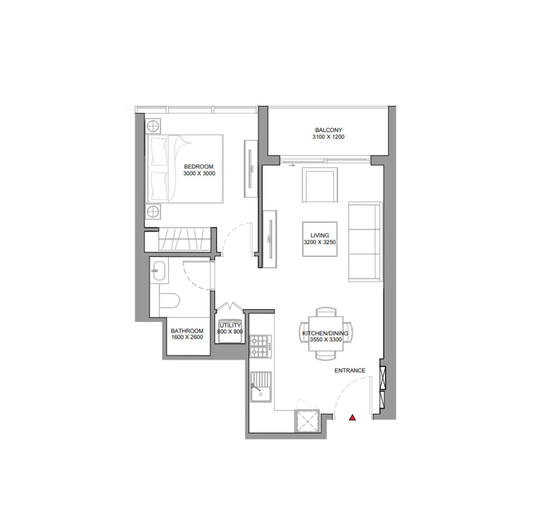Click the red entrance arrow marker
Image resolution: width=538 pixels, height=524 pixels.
pos(352,418)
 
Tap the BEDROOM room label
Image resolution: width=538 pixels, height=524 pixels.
pos(198,167)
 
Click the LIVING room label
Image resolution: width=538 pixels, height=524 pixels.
pos(319,235)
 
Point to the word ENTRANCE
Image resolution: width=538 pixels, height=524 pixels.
pos(350,370)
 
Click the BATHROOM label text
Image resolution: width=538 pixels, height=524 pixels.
pos(187,331)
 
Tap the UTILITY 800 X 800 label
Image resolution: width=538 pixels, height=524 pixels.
pos(230,328)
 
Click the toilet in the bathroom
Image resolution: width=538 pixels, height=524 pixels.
pos(169,301)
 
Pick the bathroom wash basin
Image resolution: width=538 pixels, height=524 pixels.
pos(159,271)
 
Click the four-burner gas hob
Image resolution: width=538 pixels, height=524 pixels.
pos(260,346)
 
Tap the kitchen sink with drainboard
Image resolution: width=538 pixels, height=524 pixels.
pos(261,387)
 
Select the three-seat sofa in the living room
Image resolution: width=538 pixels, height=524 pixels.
pos(366,242)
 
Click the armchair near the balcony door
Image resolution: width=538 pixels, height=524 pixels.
pos(319,185)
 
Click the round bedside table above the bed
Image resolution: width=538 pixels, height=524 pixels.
pos(154,126)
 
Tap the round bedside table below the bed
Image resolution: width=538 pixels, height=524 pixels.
pos(154,211)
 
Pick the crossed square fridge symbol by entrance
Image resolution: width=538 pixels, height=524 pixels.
pos(307,421)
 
